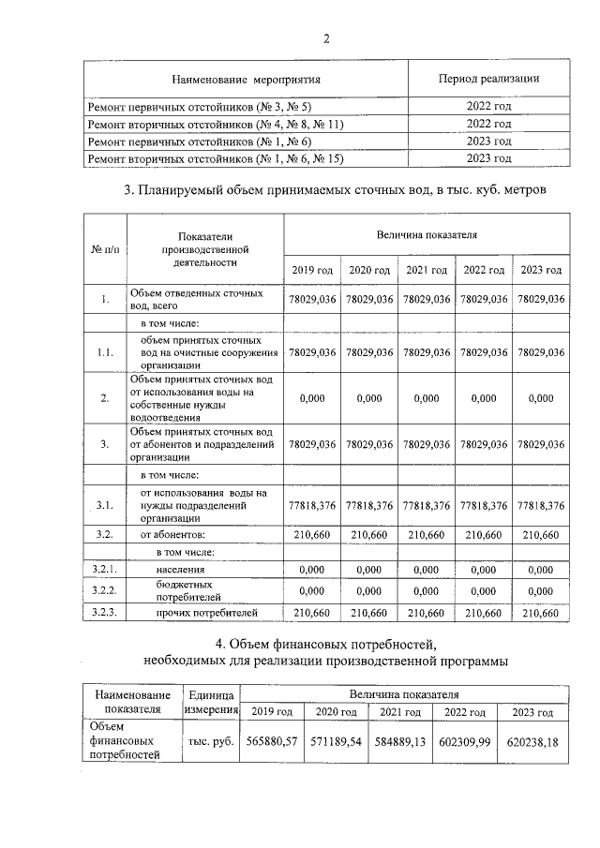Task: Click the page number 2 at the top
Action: coord(326,38)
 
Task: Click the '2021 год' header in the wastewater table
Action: coord(427,270)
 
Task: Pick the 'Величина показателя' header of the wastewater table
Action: coord(427,233)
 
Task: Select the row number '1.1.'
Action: coord(104,353)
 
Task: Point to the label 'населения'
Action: coord(180,569)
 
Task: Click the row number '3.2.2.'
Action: coord(104,591)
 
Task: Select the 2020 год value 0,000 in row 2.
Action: coord(369,398)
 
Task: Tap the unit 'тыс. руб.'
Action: coord(211,740)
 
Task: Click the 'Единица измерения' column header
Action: coord(211,703)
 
